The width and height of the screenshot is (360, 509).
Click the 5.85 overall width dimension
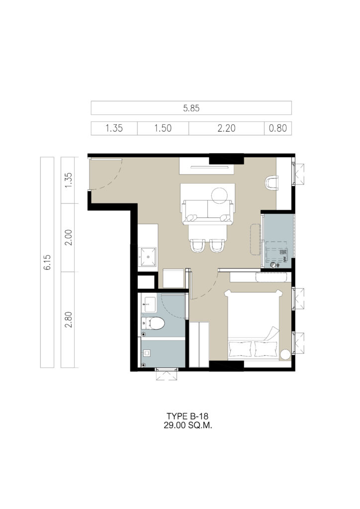(x=191, y=108)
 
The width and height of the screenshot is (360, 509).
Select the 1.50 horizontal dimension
(x=163, y=128)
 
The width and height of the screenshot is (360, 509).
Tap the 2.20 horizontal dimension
(x=226, y=128)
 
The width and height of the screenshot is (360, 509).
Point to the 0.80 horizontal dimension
(x=278, y=128)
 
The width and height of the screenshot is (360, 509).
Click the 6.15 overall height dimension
(x=47, y=262)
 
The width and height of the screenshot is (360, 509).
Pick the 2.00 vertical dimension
(x=68, y=238)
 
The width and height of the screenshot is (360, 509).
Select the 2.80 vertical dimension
(x=68, y=320)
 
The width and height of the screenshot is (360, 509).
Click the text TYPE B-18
(x=187, y=416)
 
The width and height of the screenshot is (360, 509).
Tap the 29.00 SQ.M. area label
(x=187, y=425)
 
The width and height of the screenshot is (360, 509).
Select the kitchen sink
(x=148, y=257)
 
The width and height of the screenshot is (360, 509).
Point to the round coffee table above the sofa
(x=220, y=195)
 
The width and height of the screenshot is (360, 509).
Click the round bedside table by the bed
(x=285, y=354)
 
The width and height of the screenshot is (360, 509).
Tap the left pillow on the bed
(x=241, y=349)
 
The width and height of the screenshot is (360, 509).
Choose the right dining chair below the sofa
(x=217, y=246)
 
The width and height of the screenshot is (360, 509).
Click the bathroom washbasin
(x=150, y=305)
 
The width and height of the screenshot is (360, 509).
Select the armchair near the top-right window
(x=271, y=183)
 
